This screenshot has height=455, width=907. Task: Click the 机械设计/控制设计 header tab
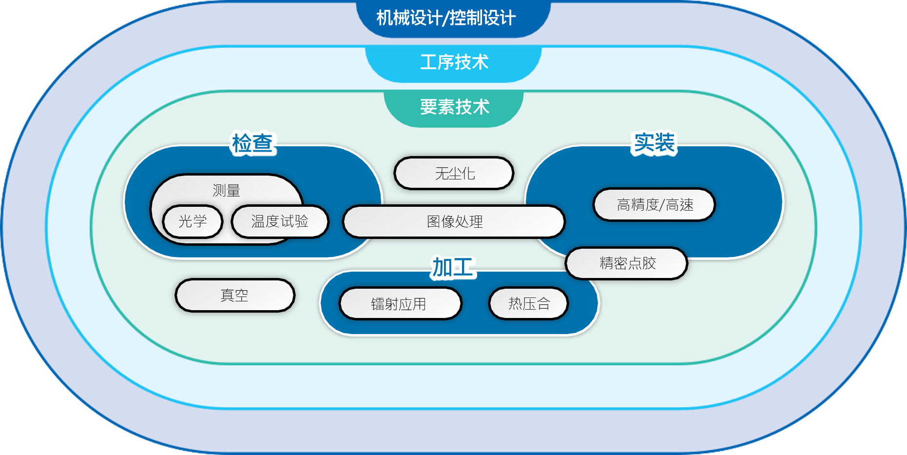tap(453, 19)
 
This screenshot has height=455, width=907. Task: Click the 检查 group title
tap(252, 144)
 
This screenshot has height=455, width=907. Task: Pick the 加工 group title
tap(453, 268)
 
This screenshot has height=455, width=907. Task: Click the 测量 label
tap(226, 191)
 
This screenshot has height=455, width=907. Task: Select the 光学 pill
tap(193, 222)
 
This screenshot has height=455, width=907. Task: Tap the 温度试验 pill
tap(280, 222)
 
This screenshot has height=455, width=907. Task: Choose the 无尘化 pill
tap(454, 173)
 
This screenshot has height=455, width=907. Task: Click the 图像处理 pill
tap(454, 222)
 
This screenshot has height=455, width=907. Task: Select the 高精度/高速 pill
tap(655, 205)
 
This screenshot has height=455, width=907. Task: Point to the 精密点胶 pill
tap(627, 263)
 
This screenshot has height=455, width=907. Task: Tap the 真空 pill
tap(235, 296)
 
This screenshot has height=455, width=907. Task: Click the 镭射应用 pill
tap(400, 304)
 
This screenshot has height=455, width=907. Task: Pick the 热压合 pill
tap(529, 304)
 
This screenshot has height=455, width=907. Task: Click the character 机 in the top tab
tap(385, 19)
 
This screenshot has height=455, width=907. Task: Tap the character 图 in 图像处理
tap(433, 222)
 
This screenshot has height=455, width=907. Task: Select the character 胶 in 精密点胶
tap(649, 263)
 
